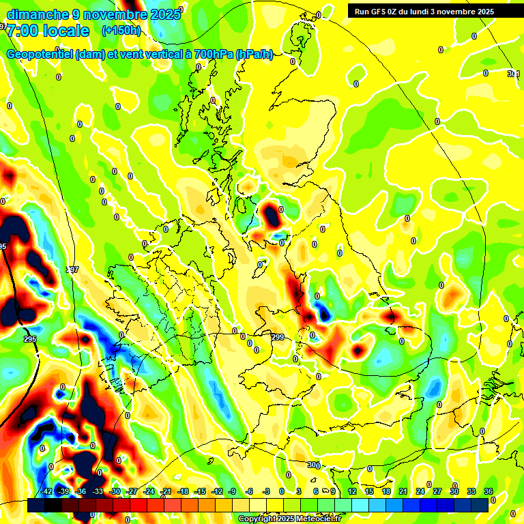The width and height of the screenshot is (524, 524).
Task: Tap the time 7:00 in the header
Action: point(25,31)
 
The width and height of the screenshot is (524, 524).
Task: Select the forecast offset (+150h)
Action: point(121,31)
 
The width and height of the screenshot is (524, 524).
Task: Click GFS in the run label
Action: point(382,12)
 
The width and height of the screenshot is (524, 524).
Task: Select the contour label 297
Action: point(72,270)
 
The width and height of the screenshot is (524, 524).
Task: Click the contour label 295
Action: point(29,339)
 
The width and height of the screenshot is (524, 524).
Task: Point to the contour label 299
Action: point(278,338)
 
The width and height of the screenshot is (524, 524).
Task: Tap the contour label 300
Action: point(313,465)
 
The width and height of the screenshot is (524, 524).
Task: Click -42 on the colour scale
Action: point(46,491)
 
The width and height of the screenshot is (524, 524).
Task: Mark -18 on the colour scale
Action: point(182,491)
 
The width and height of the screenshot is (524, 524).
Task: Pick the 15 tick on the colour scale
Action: point(369,491)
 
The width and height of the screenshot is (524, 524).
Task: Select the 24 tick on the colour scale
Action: point(420,491)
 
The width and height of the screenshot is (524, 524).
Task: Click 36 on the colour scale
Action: point(488,491)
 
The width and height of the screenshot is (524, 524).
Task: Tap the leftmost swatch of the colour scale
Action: point(36,504)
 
